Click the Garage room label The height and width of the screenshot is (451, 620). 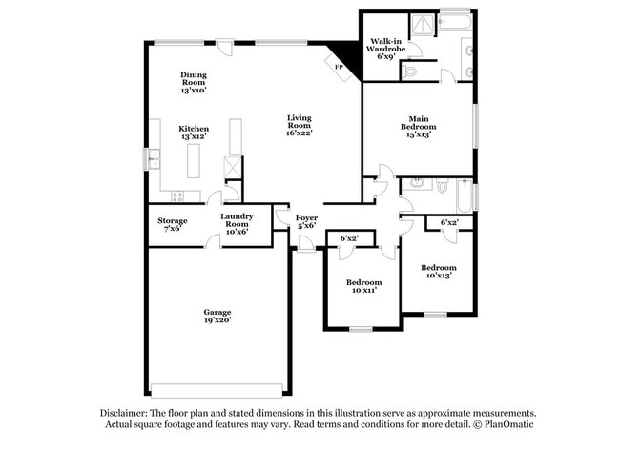(217, 316)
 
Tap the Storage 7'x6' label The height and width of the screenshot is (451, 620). (173, 225)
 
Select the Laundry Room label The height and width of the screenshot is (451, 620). (236, 221)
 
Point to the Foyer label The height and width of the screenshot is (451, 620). (306, 221)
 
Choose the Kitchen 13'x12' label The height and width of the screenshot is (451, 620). (194, 133)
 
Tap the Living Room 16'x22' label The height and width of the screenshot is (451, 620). (300, 124)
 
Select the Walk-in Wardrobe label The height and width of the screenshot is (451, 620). (385, 48)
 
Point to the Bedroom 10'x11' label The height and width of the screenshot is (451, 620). (363, 286)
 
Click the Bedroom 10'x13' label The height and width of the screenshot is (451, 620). (440, 272)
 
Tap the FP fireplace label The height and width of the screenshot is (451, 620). (338, 67)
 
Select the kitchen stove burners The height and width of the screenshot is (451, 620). (176, 196)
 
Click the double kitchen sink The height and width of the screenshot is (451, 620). (155, 159)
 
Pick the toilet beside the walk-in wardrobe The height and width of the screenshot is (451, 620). (411, 70)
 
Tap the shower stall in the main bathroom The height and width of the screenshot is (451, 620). (421, 26)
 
